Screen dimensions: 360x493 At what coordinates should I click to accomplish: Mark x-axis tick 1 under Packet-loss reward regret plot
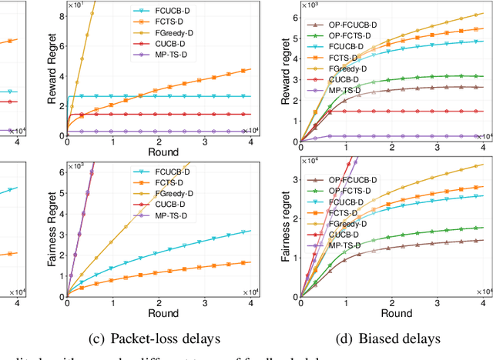tap(112, 144)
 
